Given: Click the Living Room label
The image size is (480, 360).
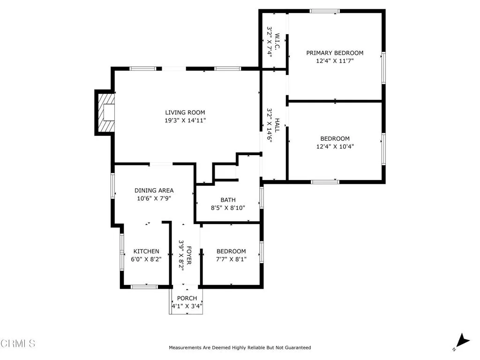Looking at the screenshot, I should (x=185, y=112).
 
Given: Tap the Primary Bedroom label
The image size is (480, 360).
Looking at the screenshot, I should (x=335, y=53).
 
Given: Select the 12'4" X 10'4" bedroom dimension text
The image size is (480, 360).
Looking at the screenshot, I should (x=335, y=146).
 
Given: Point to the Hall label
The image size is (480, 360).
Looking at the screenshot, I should (x=277, y=125).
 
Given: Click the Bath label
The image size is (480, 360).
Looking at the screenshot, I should (x=228, y=200).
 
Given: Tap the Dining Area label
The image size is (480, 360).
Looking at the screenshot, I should (x=154, y=190).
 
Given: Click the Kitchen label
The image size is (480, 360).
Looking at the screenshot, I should (x=146, y=251).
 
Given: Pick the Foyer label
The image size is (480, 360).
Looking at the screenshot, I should (x=189, y=255).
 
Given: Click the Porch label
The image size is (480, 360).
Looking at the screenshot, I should (x=187, y=298).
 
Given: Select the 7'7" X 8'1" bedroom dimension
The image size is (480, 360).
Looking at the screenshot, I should (x=231, y=259).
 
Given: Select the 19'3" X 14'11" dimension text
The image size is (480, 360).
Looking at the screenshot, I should (x=185, y=120).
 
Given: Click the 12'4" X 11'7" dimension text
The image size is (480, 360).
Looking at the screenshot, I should (x=335, y=61).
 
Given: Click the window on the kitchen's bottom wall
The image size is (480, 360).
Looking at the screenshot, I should (x=144, y=286).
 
